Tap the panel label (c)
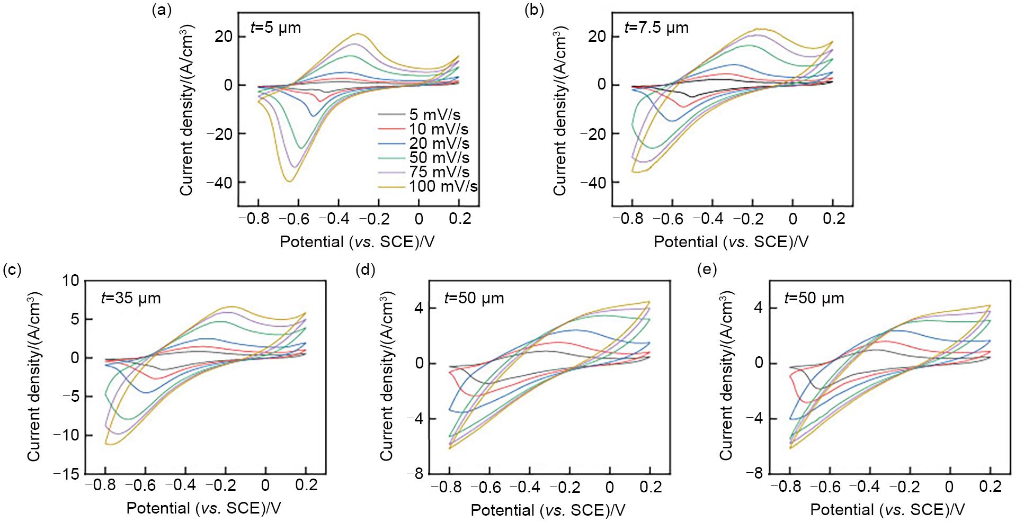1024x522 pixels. point(12,269)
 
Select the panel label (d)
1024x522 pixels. point(366,269)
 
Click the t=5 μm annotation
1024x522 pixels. point(276,27)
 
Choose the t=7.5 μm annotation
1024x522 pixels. point(657,27)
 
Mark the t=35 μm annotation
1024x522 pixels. point(131,298)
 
